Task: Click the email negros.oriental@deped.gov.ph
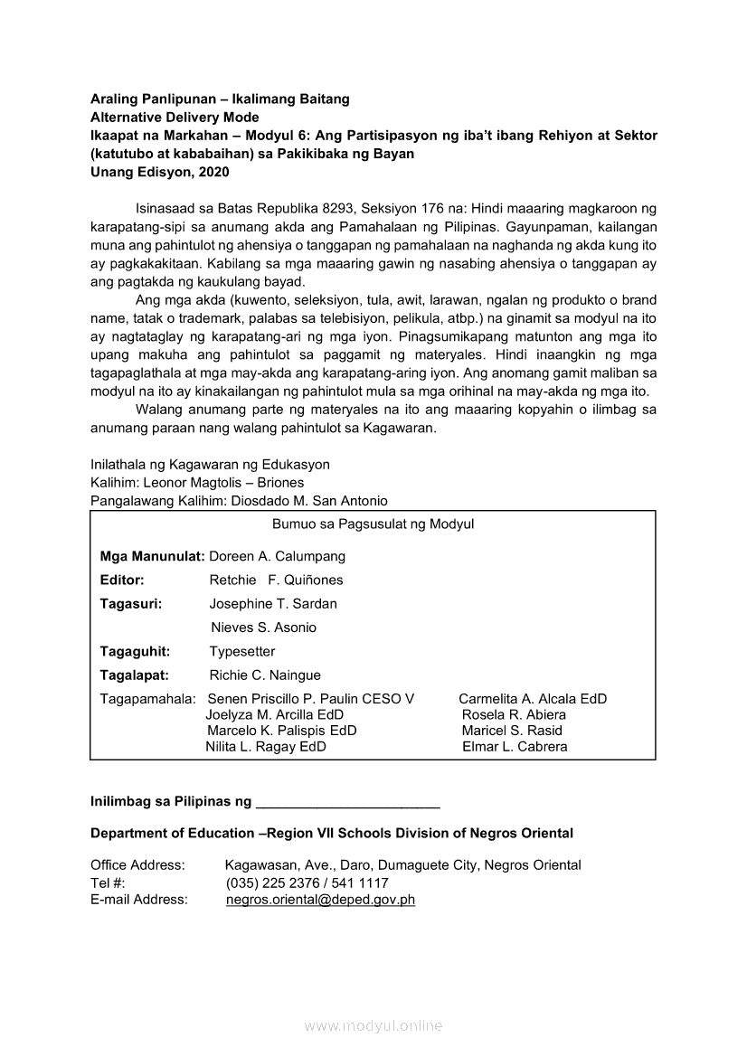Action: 320,900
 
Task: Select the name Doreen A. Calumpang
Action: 277,556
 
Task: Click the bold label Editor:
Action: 122,580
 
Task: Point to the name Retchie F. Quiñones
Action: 276,580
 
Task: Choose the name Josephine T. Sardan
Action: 273,603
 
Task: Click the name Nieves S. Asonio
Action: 263,628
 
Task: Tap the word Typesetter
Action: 241,651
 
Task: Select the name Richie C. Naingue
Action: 265,675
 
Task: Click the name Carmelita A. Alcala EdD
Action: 533,698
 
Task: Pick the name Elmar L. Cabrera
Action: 515,747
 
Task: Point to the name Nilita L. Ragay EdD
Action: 266,747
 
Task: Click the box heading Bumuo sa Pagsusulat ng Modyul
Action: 373,524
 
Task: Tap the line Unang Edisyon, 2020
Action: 159,172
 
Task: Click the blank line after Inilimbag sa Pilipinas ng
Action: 348,802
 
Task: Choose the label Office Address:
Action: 137,865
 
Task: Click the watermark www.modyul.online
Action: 373,1026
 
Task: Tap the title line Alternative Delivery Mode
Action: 175,118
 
